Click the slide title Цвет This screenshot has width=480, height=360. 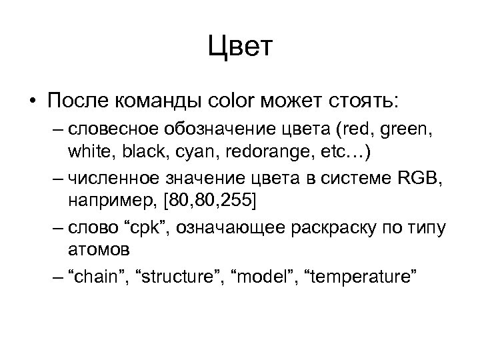(x=240, y=49)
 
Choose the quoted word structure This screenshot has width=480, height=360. (x=174, y=275)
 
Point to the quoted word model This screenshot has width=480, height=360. (x=261, y=275)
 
